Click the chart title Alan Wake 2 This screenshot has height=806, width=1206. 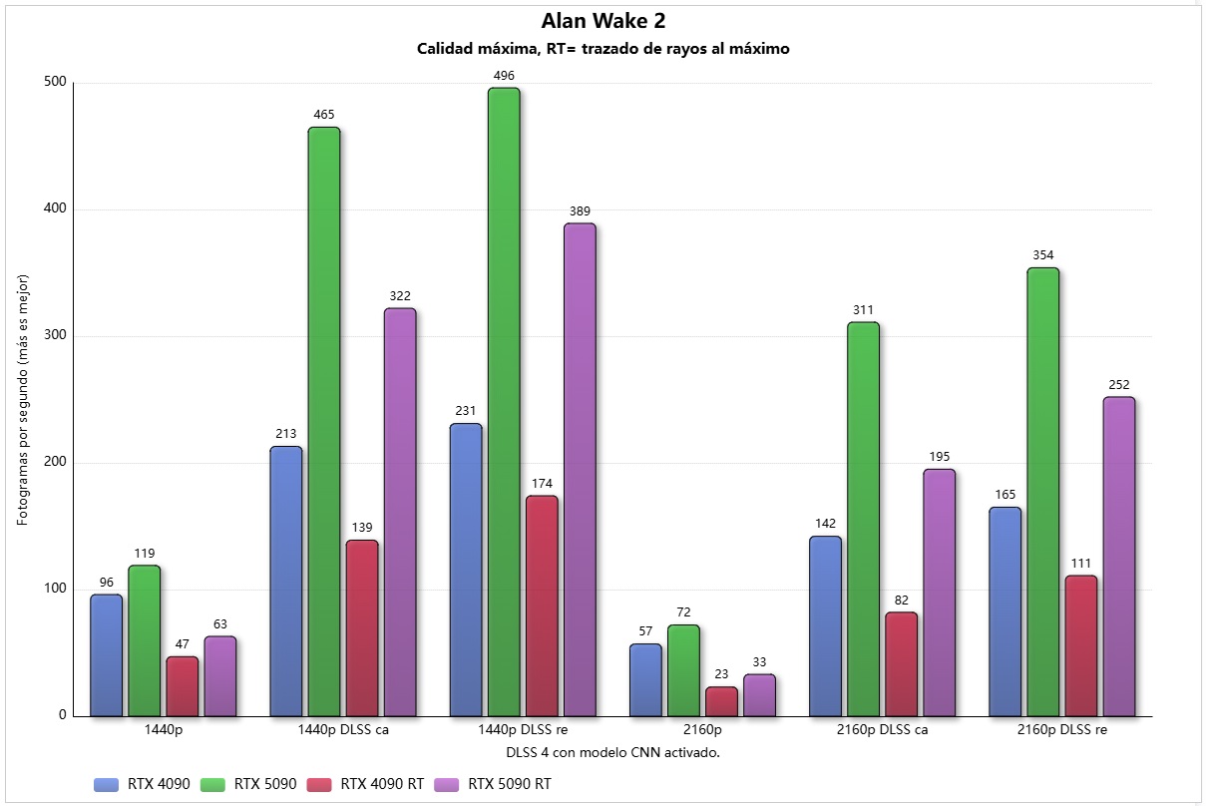603,21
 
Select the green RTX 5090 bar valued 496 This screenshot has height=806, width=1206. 504,399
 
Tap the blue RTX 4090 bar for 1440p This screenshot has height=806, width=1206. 106,655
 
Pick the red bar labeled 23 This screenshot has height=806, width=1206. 721,701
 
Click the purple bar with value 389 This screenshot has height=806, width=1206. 580,469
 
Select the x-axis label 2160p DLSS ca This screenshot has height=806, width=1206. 882,729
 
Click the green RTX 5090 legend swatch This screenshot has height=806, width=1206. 215,784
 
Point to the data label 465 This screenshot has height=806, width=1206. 323,116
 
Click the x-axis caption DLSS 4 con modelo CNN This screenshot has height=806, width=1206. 603,752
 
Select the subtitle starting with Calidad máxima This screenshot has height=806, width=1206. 603,49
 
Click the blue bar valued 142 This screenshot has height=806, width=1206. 825,625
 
